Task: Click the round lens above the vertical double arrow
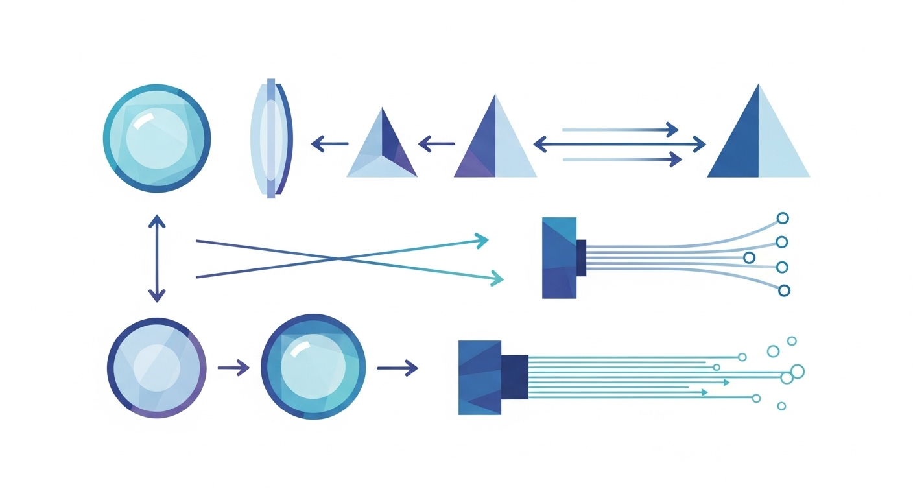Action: tap(156, 137)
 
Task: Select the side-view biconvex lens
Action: tap(272, 137)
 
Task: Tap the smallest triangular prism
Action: tap(382, 145)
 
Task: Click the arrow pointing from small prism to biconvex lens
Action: tap(329, 144)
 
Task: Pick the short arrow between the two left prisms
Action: tap(436, 144)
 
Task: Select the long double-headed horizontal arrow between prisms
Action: tap(619, 144)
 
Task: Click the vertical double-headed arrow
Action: tap(156, 258)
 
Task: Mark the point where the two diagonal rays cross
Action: tap(338, 259)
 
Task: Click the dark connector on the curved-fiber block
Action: tap(581, 257)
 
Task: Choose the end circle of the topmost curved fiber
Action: tap(783, 219)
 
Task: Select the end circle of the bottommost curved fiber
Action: tap(784, 290)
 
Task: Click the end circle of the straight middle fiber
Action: tap(749, 257)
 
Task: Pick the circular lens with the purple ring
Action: tap(156, 367)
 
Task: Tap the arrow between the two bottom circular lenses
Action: tap(233, 368)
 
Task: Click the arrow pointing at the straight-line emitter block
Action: tap(397, 368)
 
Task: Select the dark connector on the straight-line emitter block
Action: tap(515, 377)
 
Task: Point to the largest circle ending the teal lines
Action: tap(797, 371)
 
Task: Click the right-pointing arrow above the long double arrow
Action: tap(619, 130)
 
